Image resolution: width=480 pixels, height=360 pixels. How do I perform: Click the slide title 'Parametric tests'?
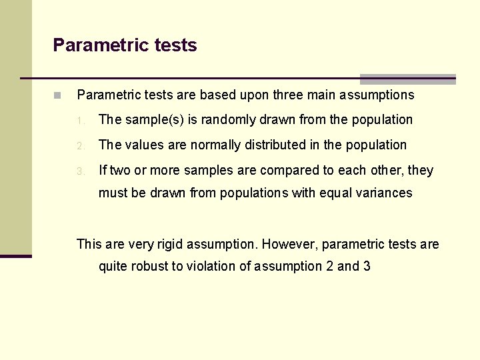(x=125, y=45)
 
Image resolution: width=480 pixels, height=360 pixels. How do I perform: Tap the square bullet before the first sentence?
(x=58, y=95)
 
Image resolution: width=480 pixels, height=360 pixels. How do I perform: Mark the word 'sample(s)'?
(x=150, y=120)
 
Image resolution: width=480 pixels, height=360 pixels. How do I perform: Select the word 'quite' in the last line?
(x=115, y=267)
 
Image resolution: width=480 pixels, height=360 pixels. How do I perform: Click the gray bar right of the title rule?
(x=408, y=79)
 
